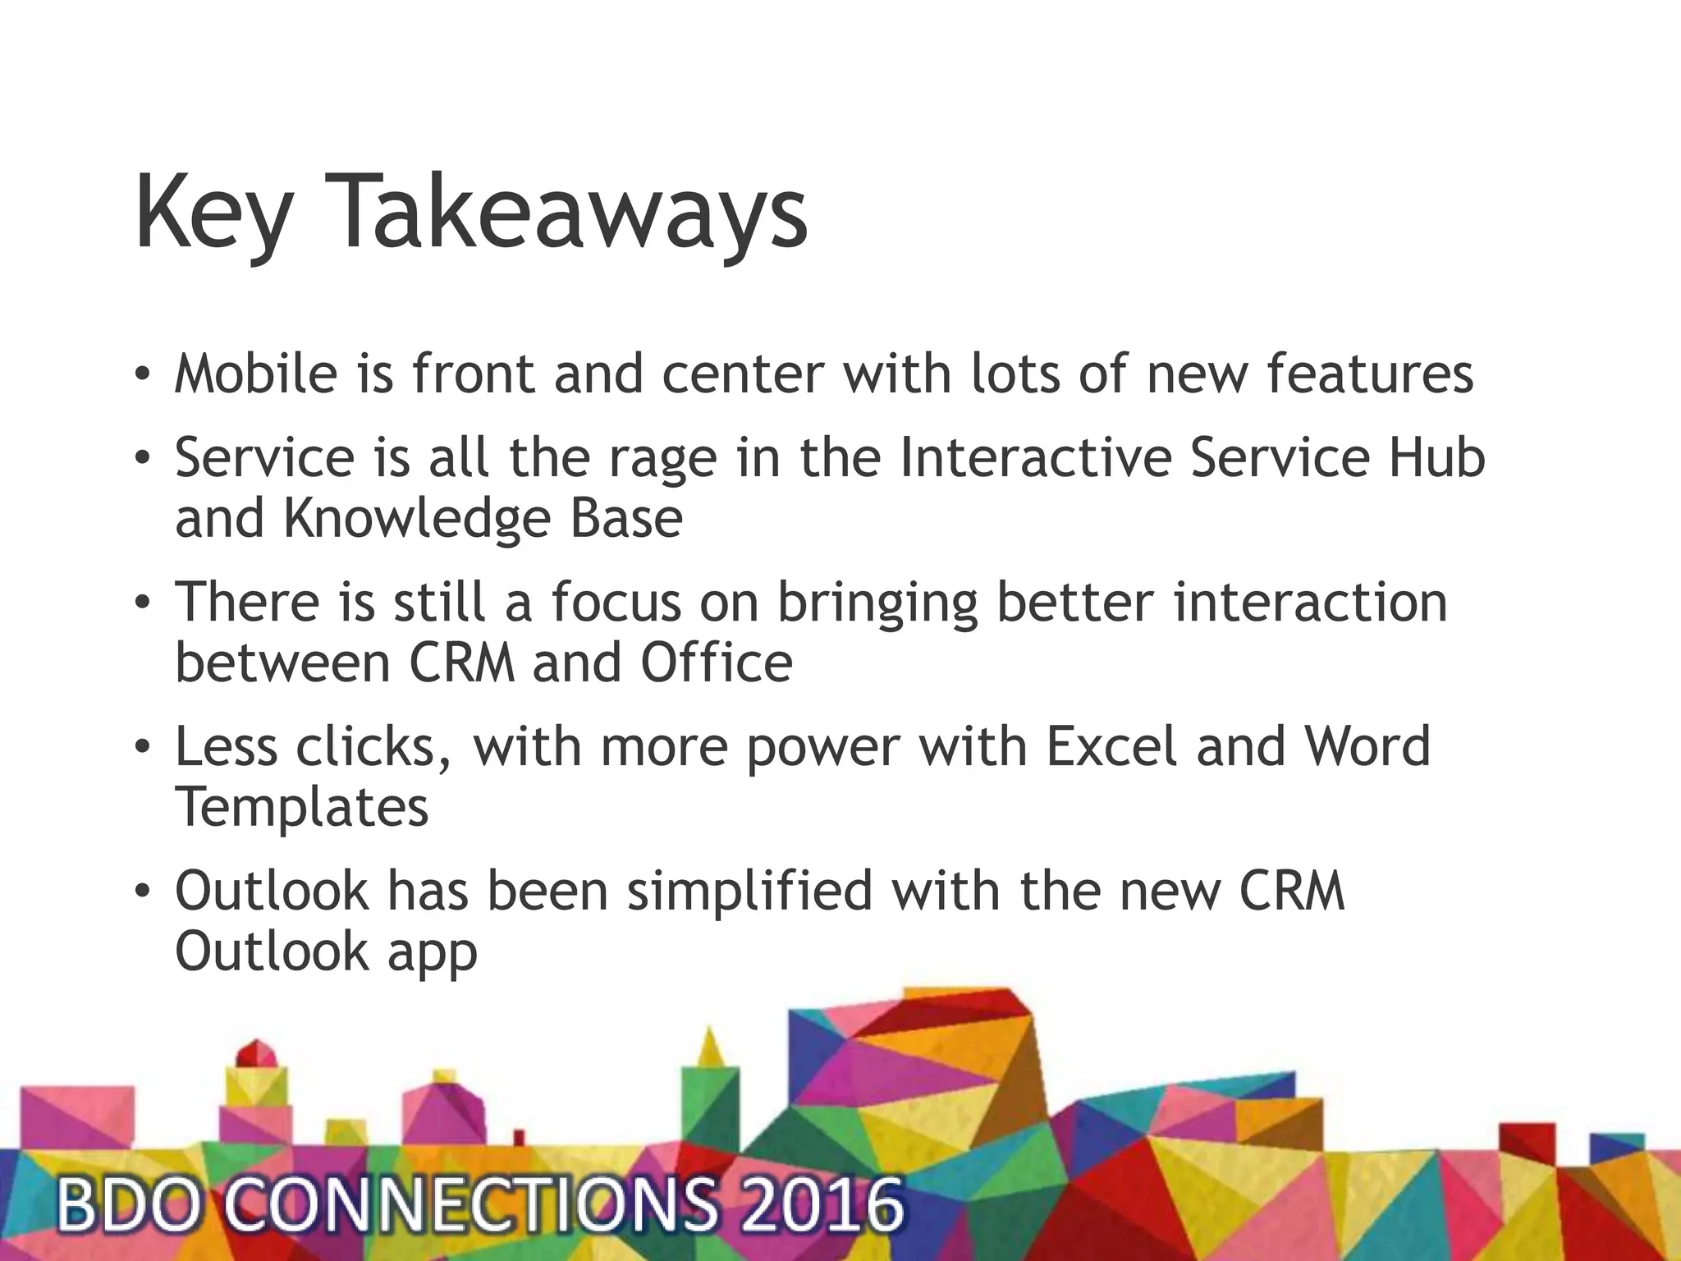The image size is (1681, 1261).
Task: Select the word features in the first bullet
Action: (1370, 374)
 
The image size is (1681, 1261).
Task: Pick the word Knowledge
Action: (417, 519)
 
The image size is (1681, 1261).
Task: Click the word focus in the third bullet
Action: (615, 602)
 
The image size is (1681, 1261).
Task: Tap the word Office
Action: (716, 663)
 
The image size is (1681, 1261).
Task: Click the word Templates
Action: (302, 807)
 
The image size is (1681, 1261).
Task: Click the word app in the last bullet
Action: (432, 952)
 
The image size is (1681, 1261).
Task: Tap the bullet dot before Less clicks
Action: (143, 748)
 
